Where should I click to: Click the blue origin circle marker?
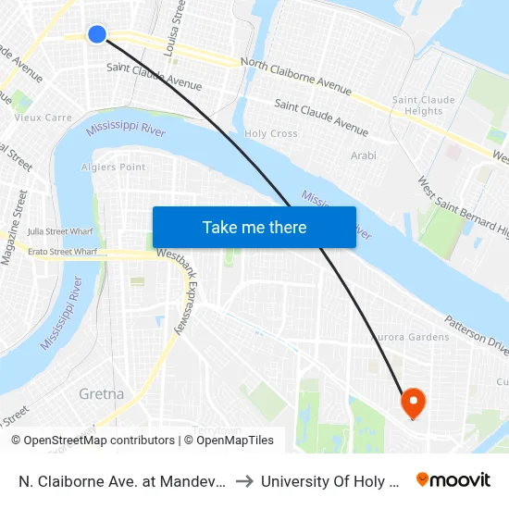tap(97, 34)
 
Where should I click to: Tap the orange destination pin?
tap(412, 402)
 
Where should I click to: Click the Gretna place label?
tap(102, 393)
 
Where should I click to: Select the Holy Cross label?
tap(271, 134)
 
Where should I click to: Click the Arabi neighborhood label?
tap(364, 156)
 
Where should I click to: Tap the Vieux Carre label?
tap(43, 118)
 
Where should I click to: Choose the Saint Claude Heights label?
tap(424, 106)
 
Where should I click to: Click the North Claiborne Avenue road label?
tap(295, 76)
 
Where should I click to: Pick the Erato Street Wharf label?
tap(63, 252)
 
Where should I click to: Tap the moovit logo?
tap(453, 479)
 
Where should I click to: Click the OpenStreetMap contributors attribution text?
tap(93, 441)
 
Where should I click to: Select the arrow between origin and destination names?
tap(245, 480)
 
